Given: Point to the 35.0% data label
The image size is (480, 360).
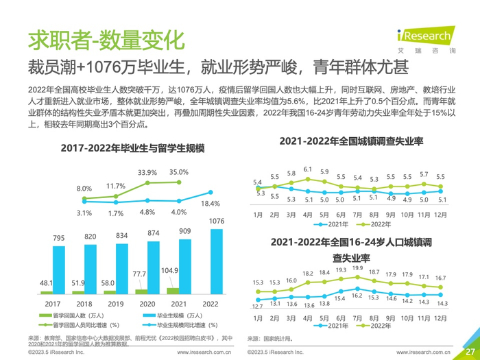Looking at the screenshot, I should point(178,172).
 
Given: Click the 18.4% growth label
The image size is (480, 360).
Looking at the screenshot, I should point(211,204).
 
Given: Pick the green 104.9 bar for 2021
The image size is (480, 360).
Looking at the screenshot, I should point(172,291).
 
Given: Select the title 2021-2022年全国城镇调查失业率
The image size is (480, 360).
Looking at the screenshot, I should point(351,141).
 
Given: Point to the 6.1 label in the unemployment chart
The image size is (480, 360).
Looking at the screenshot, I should point(308,169).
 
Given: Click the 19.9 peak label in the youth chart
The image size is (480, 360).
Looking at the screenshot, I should point(357,268).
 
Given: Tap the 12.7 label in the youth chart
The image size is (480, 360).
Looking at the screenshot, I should point(258,306).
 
